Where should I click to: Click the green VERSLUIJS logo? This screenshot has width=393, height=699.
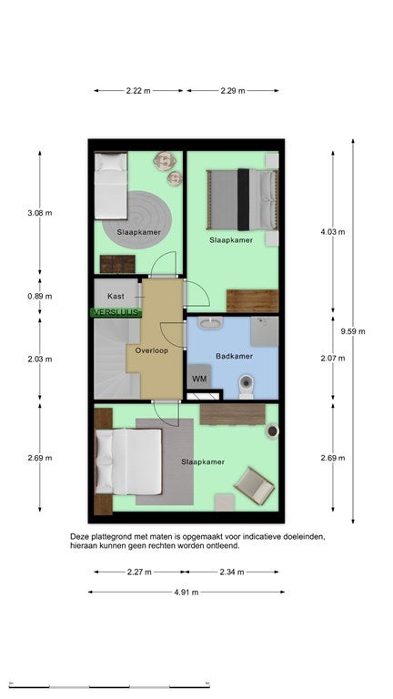tap(116, 312)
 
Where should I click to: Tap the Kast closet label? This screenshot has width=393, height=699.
tap(116, 296)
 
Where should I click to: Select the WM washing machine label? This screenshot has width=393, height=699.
tap(199, 379)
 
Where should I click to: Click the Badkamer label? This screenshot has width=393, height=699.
tap(235, 356)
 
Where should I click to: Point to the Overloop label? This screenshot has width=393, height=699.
tap(152, 350)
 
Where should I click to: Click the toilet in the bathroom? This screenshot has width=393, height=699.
tap(246, 387)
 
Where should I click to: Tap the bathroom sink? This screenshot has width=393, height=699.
tap(210, 323)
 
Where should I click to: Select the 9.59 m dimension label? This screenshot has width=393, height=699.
tap(353, 331)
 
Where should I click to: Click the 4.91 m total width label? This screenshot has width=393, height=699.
tap(186, 592)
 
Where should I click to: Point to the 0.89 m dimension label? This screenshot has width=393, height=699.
tap(40, 296)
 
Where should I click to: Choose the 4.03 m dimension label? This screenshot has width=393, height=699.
tap(333, 232)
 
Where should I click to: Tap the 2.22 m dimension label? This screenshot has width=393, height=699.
tap(138, 90)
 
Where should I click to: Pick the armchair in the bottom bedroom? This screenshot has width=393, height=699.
tap(254, 486)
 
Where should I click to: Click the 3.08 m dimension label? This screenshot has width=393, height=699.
tap(40, 213)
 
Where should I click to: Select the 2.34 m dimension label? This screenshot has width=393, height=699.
tap(232, 572)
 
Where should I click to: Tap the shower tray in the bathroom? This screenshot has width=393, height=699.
tap(264, 331)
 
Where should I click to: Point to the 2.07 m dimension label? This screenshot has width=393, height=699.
tap(333, 358)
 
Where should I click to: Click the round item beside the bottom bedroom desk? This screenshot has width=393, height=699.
tap(272, 431)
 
